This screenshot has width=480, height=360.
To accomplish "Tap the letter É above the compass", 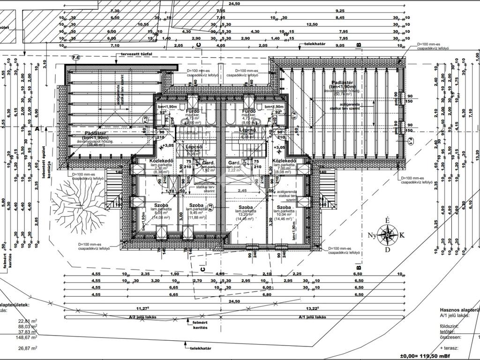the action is click(x=387, y=220).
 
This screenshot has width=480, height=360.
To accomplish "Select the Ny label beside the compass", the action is click(x=372, y=235).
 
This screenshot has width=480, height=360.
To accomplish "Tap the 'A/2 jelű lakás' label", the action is click(x=142, y=317).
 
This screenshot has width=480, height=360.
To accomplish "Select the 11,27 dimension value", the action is click(x=142, y=308).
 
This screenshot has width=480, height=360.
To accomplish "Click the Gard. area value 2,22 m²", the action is click(x=234, y=171).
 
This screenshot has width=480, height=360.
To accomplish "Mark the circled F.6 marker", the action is click(x=75, y=57).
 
